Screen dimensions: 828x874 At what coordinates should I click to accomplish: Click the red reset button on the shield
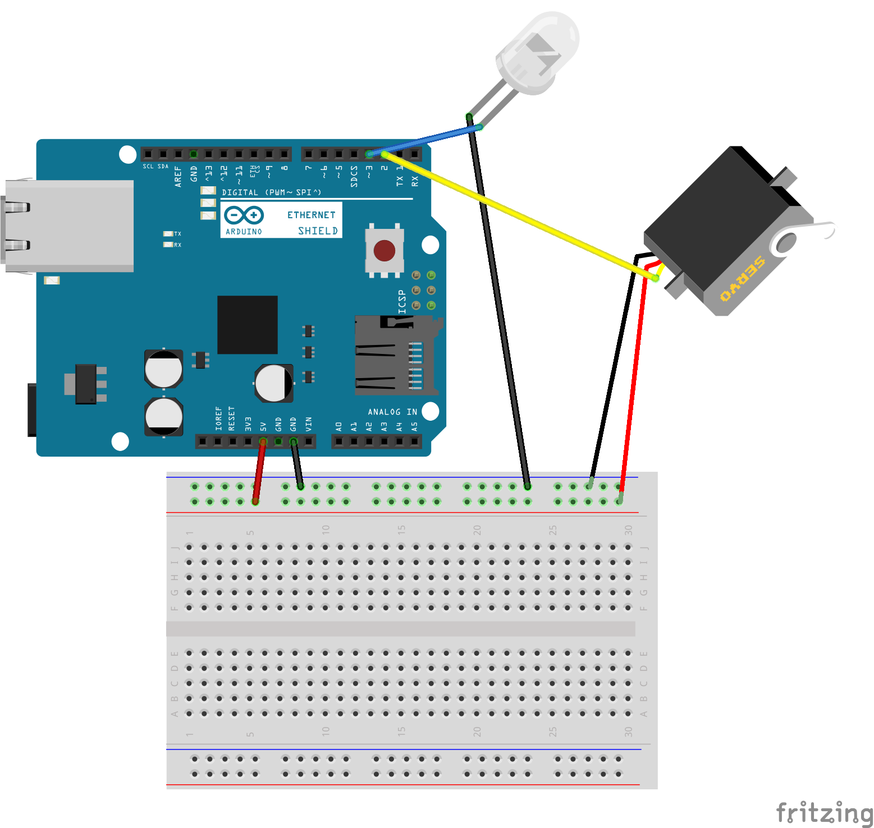(x=385, y=251)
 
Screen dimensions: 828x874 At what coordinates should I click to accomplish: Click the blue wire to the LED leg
(x=427, y=140)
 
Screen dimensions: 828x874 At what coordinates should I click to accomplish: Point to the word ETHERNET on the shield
(x=311, y=215)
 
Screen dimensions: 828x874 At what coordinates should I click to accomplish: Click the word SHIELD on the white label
(x=318, y=231)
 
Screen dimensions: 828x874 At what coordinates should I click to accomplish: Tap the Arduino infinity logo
(x=244, y=215)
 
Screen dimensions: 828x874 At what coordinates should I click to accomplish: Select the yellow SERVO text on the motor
(x=742, y=279)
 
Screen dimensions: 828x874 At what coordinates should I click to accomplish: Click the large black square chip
(x=248, y=325)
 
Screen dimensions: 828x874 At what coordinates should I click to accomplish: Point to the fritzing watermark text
(x=824, y=812)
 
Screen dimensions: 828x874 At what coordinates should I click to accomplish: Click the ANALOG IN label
(x=392, y=412)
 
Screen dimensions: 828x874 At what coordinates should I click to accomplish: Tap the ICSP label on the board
(x=402, y=302)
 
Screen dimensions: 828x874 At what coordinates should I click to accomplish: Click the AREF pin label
(x=178, y=176)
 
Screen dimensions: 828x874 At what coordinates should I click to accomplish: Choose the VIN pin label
(x=308, y=424)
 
